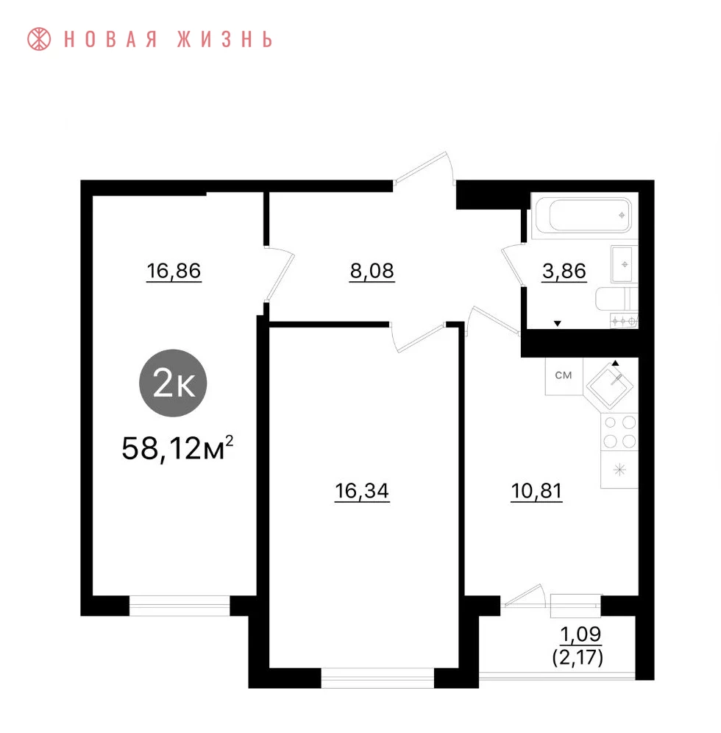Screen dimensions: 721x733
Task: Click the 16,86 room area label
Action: coord(174,271)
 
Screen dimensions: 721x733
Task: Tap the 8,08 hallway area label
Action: coord(372,271)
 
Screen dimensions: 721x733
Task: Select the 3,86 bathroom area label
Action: coord(564,271)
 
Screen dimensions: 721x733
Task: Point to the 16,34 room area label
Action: coord(362,492)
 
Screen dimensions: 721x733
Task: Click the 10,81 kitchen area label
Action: coord(536,492)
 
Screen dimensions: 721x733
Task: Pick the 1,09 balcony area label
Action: coord(580,634)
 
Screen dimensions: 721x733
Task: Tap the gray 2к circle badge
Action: coord(173,383)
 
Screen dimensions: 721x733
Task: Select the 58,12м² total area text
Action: coord(177,448)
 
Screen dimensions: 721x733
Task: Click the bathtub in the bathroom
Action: coord(584,216)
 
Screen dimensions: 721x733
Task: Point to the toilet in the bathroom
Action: coord(617,299)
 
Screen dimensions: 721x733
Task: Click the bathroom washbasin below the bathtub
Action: coord(623,265)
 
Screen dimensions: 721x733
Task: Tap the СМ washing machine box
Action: coord(564,376)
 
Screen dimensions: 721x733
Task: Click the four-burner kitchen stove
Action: coord(619,431)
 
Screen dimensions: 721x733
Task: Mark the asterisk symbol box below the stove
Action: coord(619,470)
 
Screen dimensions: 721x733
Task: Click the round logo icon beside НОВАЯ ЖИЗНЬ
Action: coord(39,39)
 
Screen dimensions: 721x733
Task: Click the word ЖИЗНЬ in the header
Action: coord(225,39)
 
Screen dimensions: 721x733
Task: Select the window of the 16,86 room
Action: coord(180,606)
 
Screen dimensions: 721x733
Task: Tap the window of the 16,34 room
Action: coord(377,678)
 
